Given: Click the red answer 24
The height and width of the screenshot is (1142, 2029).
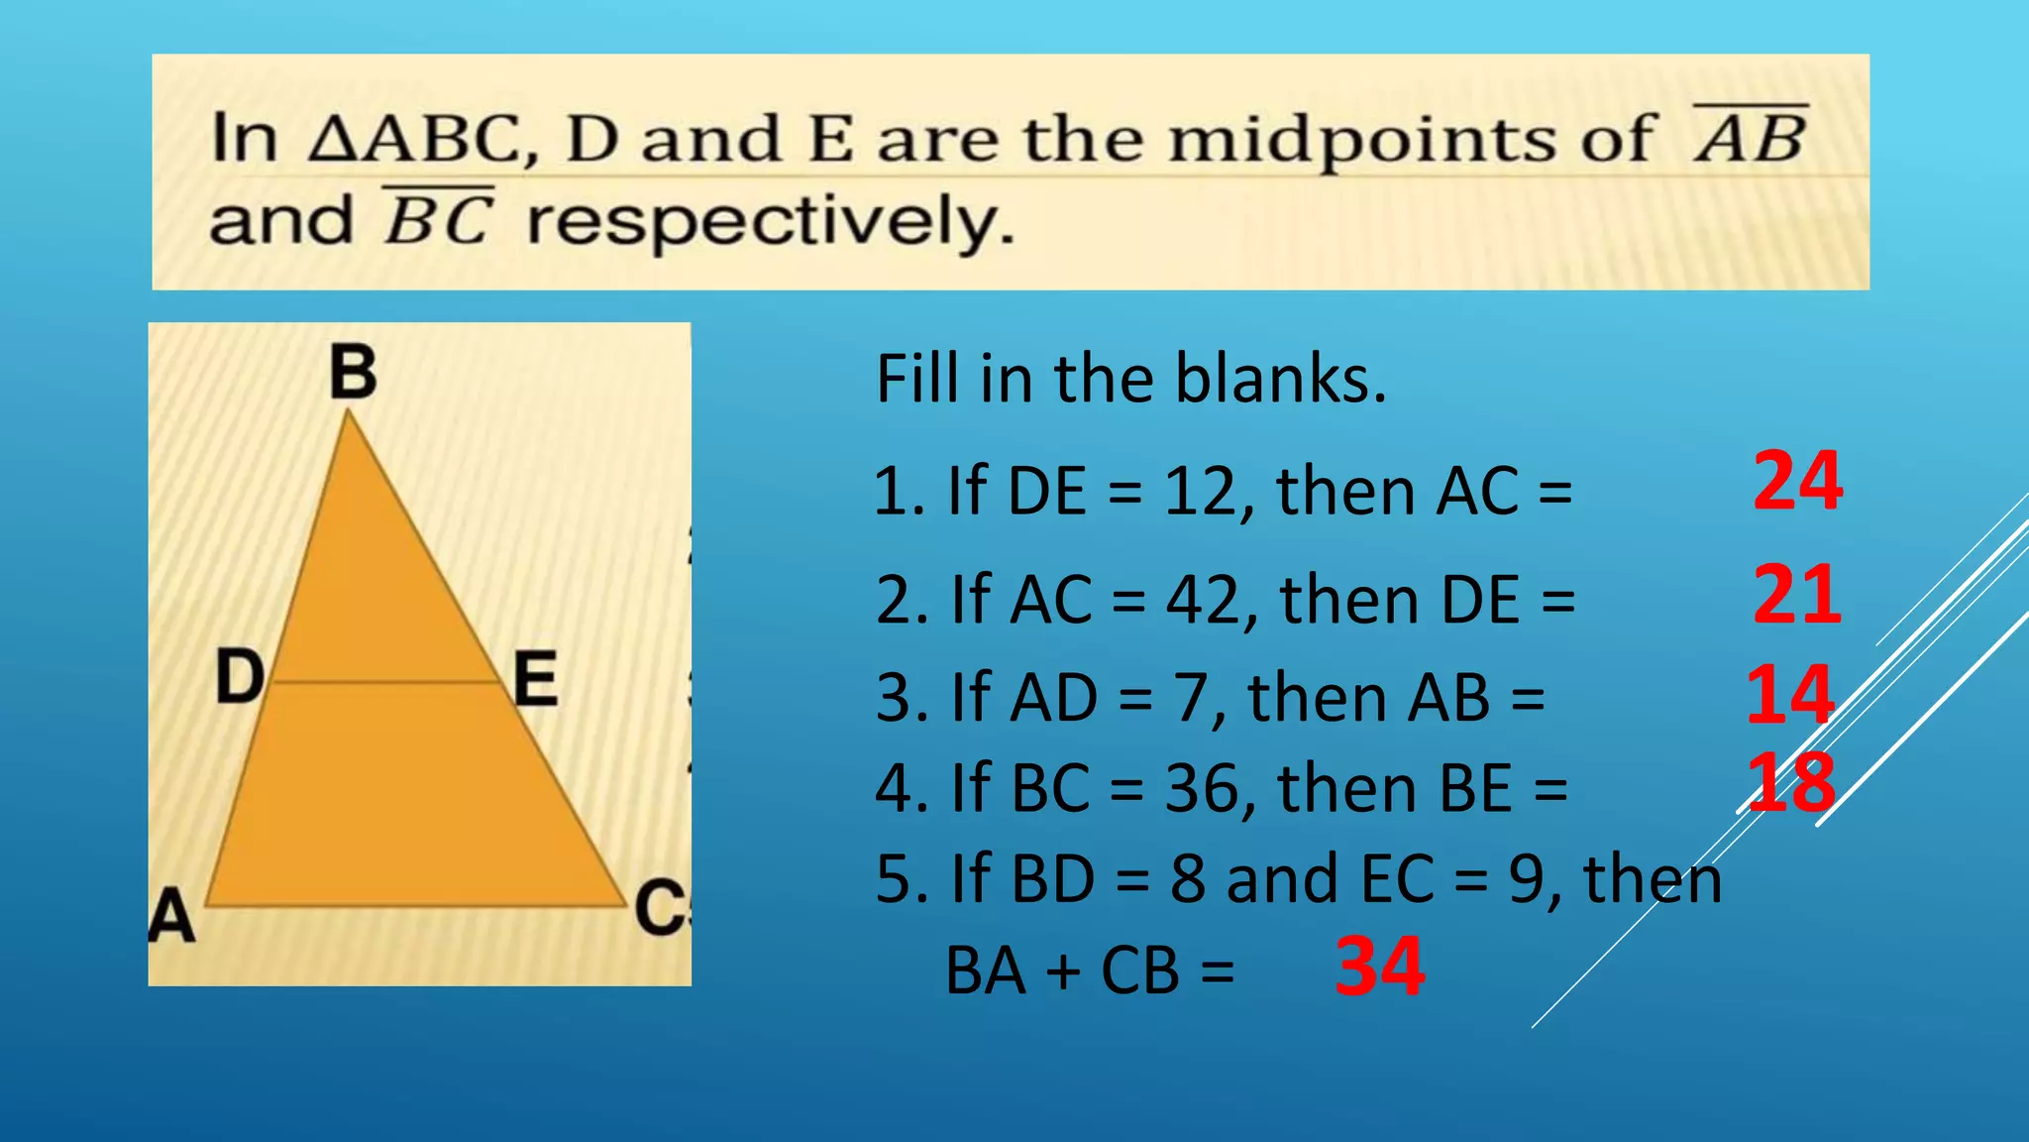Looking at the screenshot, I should pyautogui.click(x=1797, y=481).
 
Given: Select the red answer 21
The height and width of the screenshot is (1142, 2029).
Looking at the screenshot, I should pyautogui.click(x=1797, y=595).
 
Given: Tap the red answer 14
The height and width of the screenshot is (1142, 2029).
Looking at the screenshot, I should pyautogui.click(x=1789, y=695).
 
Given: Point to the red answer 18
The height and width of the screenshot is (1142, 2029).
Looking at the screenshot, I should pyautogui.click(x=1789, y=783).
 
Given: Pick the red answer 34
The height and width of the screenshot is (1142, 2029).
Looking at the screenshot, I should pyautogui.click(x=1379, y=967).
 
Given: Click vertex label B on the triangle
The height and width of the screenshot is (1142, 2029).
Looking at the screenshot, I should pyautogui.click(x=353, y=373).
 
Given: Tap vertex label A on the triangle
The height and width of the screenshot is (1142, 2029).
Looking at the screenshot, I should pyautogui.click(x=172, y=914).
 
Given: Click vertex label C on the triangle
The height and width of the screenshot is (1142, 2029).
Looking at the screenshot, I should pyautogui.click(x=659, y=907).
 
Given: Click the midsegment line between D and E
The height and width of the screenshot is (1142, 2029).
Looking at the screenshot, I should pyautogui.click(x=386, y=682).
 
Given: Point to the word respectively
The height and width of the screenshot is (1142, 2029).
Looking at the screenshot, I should pyautogui.click(x=771, y=223).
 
